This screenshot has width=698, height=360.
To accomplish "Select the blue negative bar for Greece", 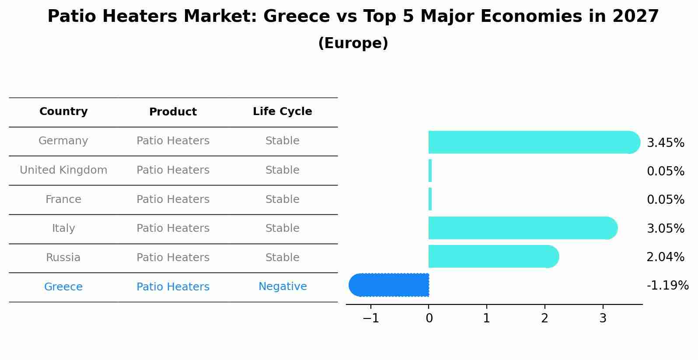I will [x=389, y=285].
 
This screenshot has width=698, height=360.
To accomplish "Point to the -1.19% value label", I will [x=667, y=286].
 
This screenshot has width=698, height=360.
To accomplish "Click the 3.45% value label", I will [x=665, y=143].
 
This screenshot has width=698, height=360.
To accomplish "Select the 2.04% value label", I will [x=665, y=257].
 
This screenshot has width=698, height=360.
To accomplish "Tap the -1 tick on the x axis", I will [x=371, y=318].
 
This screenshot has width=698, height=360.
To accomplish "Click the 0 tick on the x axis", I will [x=429, y=318].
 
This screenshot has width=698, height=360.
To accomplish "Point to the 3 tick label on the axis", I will [x=603, y=318].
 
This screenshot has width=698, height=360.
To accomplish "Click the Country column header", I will [x=63, y=112].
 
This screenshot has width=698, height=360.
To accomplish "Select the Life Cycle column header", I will [x=283, y=112].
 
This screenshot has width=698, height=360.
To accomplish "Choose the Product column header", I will [x=173, y=112].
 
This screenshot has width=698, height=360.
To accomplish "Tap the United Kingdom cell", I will [x=63, y=170].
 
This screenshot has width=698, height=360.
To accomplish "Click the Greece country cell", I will [x=63, y=287].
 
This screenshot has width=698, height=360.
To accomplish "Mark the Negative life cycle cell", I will [x=283, y=287].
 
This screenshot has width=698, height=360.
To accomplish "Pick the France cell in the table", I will [x=63, y=199].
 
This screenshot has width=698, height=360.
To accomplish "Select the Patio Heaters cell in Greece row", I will [x=173, y=287].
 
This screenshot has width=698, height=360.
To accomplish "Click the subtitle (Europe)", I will [x=353, y=43].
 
